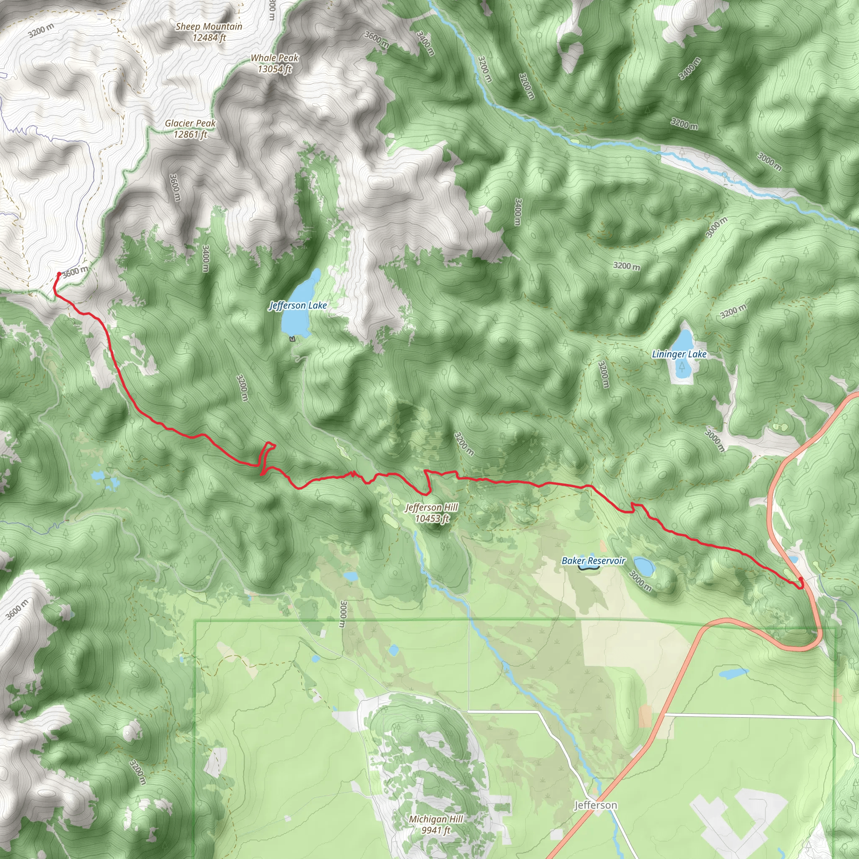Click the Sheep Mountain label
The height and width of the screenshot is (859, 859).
[208, 27]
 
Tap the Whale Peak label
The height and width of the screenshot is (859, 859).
[274, 58]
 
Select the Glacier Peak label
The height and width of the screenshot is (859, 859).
[190, 123]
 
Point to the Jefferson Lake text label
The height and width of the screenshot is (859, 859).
[298, 305]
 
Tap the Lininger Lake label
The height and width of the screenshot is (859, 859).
[679, 354]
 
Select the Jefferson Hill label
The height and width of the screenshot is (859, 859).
[431, 508]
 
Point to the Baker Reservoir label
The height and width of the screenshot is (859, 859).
[593, 561]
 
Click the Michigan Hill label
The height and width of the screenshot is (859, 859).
[436, 819]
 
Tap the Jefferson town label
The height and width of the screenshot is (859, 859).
[595, 805]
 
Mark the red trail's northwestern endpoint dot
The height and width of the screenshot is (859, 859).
[59, 274]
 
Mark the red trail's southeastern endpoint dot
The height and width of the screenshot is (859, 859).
[801, 579]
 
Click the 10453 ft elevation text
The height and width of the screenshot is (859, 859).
[432, 518]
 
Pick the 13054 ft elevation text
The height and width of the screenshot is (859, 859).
[274, 69]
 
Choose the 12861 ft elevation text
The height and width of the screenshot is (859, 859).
[190, 134]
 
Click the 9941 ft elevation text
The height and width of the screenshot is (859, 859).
[436, 830]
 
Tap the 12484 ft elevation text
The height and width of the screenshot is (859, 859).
[208, 38]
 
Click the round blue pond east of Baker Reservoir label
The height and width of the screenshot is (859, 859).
[643, 566]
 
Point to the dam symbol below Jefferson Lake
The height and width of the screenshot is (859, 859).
[292, 339]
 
